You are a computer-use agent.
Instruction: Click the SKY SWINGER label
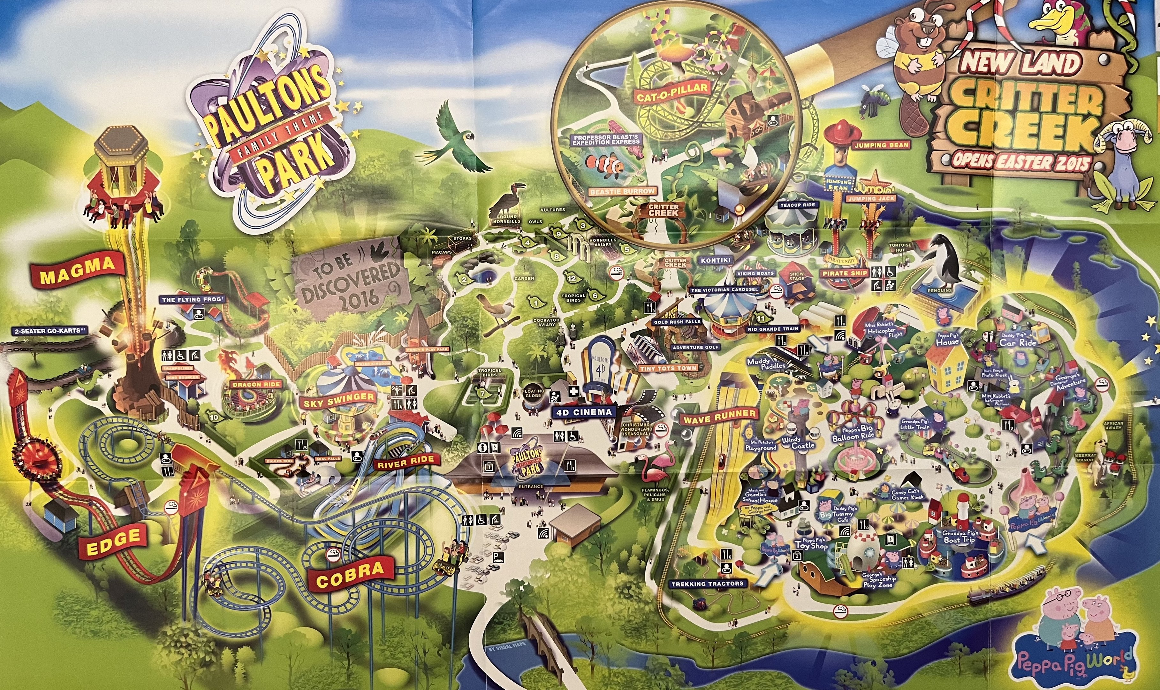tap(338, 400)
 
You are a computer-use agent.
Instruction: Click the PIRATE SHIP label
tap(845, 273)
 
